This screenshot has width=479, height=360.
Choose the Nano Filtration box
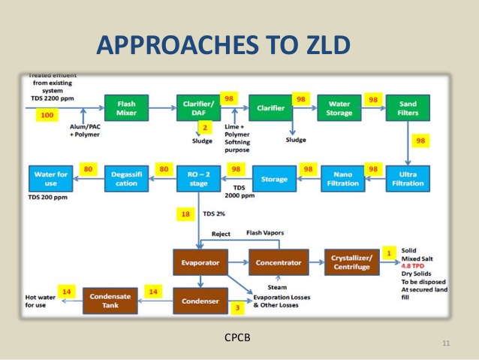342,178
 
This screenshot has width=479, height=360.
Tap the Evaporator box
200,262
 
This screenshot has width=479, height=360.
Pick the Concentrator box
279,262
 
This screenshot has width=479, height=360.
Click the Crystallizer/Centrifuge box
352,262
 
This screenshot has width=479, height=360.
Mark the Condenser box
200,301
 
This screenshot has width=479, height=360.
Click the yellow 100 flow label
47,115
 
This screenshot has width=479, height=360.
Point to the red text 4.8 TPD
415,265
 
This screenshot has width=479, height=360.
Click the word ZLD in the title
318,47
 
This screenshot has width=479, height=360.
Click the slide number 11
446,343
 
